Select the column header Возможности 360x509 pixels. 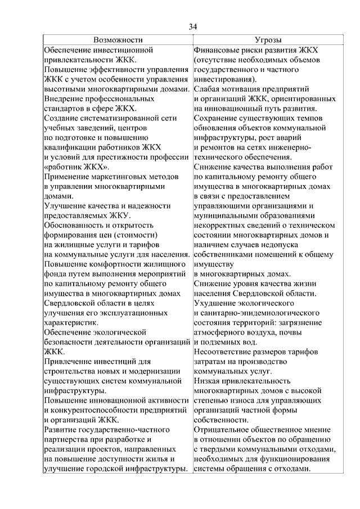tap(118, 40)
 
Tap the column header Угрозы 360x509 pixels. tap(268, 40)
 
